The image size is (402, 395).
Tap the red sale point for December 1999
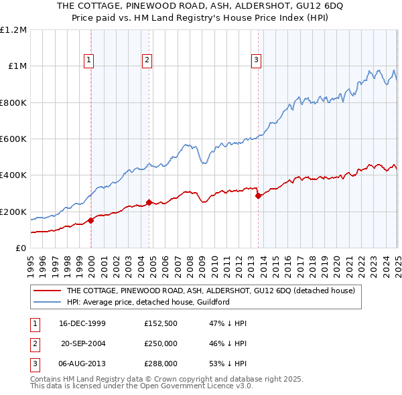pyautogui.click(x=91, y=220)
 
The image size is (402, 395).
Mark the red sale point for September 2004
pyautogui.click(x=149, y=202)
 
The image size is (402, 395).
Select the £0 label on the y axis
pyautogui.click(x=21, y=248)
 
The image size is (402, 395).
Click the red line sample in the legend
pyautogui.click(x=46, y=291)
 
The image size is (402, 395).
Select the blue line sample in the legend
pyautogui.click(x=46, y=302)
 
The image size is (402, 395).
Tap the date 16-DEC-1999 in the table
pyautogui.click(x=82, y=323)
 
